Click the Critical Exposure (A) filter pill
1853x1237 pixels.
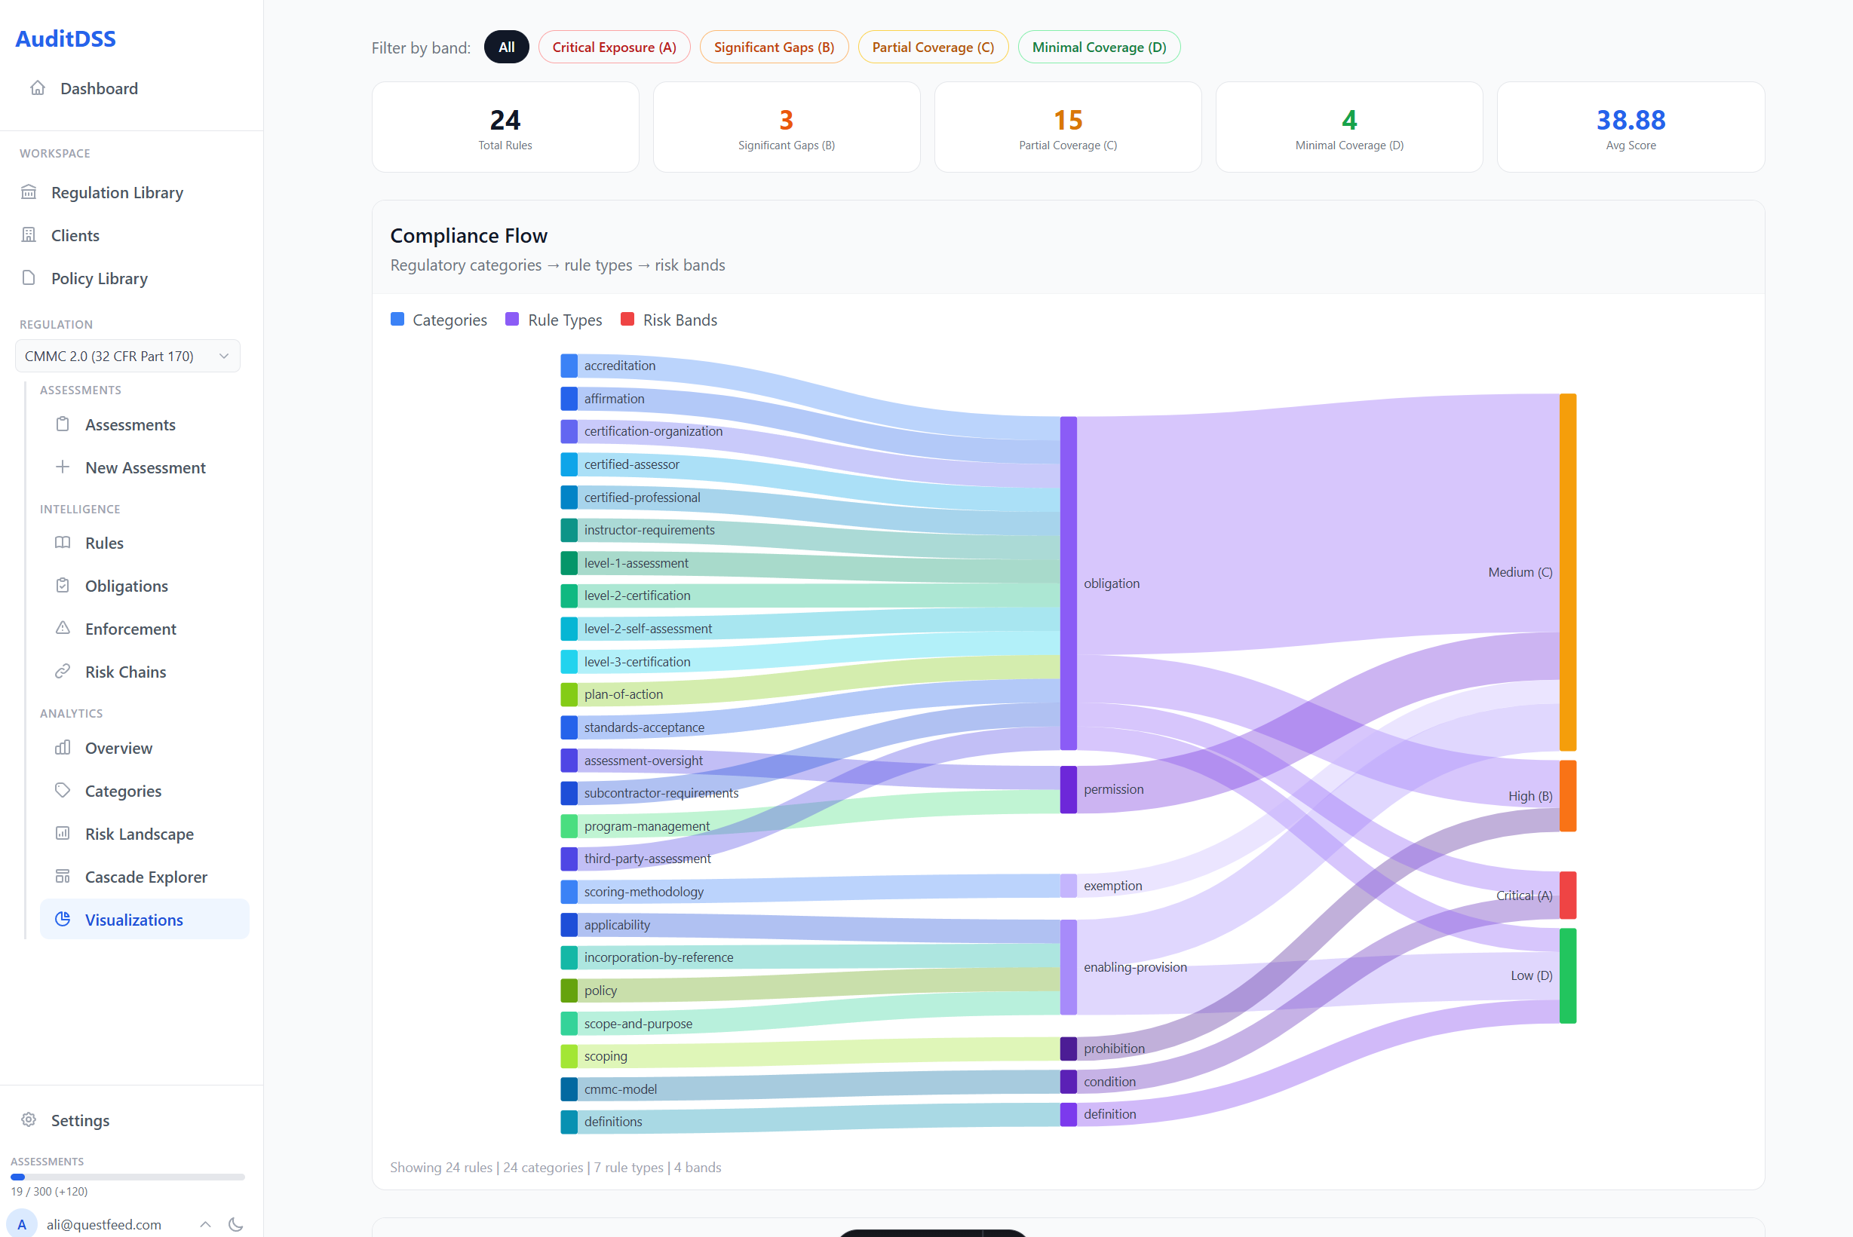(x=613, y=47)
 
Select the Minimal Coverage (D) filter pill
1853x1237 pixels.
(x=1098, y=47)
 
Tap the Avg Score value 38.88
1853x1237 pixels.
(x=1630, y=120)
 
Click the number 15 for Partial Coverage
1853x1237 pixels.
(x=1067, y=120)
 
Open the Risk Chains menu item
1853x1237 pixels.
(x=125, y=672)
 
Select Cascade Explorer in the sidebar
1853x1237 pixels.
(x=146, y=877)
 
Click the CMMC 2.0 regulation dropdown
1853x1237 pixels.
(x=127, y=356)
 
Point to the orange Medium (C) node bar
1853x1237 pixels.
(x=1566, y=572)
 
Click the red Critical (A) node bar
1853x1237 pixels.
(x=1566, y=895)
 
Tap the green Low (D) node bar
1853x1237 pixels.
(x=1566, y=975)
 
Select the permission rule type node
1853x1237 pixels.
(x=1068, y=789)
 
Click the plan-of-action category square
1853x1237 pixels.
(x=568, y=694)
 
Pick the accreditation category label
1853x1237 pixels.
(x=619, y=366)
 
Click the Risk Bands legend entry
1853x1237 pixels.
(x=680, y=320)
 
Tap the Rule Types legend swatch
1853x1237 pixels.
(x=512, y=320)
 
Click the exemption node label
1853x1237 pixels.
(x=1112, y=885)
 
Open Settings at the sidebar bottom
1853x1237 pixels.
(x=80, y=1120)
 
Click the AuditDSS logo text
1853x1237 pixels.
(x=66, y=38)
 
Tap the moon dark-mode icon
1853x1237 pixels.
(x=235, y=1224)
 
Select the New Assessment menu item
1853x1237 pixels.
(x=146, y=468)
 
